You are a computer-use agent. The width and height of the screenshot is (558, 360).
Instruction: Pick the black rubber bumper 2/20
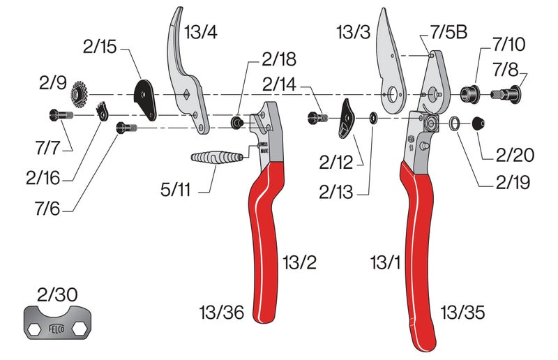pos(478,123)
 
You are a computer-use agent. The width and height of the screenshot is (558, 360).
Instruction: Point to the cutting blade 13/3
pos(390,63)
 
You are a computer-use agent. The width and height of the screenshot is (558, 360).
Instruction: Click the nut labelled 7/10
pos(469,92)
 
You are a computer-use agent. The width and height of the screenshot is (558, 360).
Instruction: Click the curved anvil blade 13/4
pos(185,77)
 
